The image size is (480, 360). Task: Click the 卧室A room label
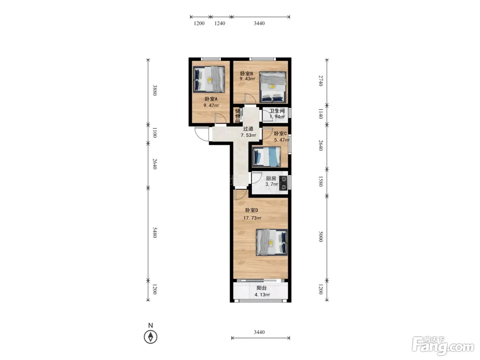click(211, 99)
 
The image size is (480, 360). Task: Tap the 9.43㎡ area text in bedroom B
click(247, 79)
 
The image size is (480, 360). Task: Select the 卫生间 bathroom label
click(277, 111)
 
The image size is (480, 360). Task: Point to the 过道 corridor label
click(248, 129)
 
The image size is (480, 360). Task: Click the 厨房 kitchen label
click(271, 178)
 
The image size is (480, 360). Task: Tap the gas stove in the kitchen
click(284, 183)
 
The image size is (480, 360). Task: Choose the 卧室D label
click(251, 210)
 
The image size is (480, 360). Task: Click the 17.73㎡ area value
click(252, 218)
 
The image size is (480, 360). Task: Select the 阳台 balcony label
click(262, 288)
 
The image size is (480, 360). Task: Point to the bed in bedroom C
click(266, 157)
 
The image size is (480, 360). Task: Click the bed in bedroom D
click(272, 242)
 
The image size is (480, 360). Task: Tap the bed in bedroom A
click(209, 79)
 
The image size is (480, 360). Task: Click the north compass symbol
click(151, 337)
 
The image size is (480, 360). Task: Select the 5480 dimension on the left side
click(155, 232)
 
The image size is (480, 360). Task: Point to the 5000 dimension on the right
click(321, 237)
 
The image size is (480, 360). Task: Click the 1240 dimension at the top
click(219, 23)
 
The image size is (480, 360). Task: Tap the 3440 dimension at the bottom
click(259, 332)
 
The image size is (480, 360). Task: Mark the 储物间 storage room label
click(238, 116)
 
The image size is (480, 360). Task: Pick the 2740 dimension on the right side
click(321, 81)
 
